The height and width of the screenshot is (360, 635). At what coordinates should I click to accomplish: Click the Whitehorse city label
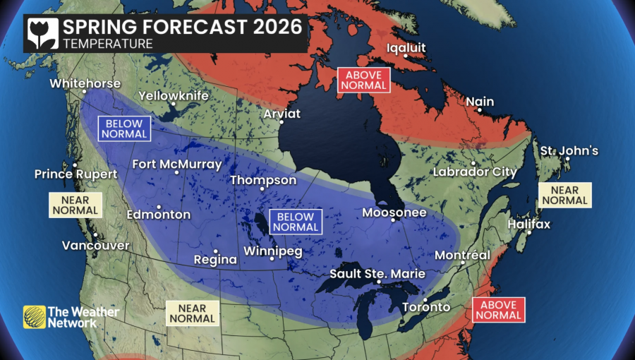tap(85, 83)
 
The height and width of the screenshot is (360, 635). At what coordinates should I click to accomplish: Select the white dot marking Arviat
tap(282, 122)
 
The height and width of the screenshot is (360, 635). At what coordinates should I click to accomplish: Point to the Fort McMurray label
tap(177, 164)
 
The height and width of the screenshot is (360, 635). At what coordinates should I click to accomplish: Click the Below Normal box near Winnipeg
tap(296, 222)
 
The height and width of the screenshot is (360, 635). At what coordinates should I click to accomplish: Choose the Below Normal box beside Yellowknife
tap(126, 128)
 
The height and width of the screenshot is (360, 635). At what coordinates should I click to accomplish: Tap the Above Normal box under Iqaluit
tap(363, 80)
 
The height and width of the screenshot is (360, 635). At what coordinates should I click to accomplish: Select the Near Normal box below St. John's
tap(564, 196)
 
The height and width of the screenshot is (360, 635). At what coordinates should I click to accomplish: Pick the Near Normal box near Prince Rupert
tap(75, 205)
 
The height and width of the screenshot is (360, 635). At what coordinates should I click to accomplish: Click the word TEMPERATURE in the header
tap(108, 44)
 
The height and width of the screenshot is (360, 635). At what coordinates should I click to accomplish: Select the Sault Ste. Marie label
tap(377, 273)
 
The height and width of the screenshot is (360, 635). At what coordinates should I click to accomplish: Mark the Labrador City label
tap(475, 172)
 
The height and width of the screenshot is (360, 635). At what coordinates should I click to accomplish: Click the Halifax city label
tap(528, 224)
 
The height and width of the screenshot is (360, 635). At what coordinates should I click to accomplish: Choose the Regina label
tap(215, 259)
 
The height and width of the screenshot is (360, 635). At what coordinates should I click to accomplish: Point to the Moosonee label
tap(394, 212)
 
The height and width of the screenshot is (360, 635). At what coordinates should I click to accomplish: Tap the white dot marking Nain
tap(480, 111)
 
